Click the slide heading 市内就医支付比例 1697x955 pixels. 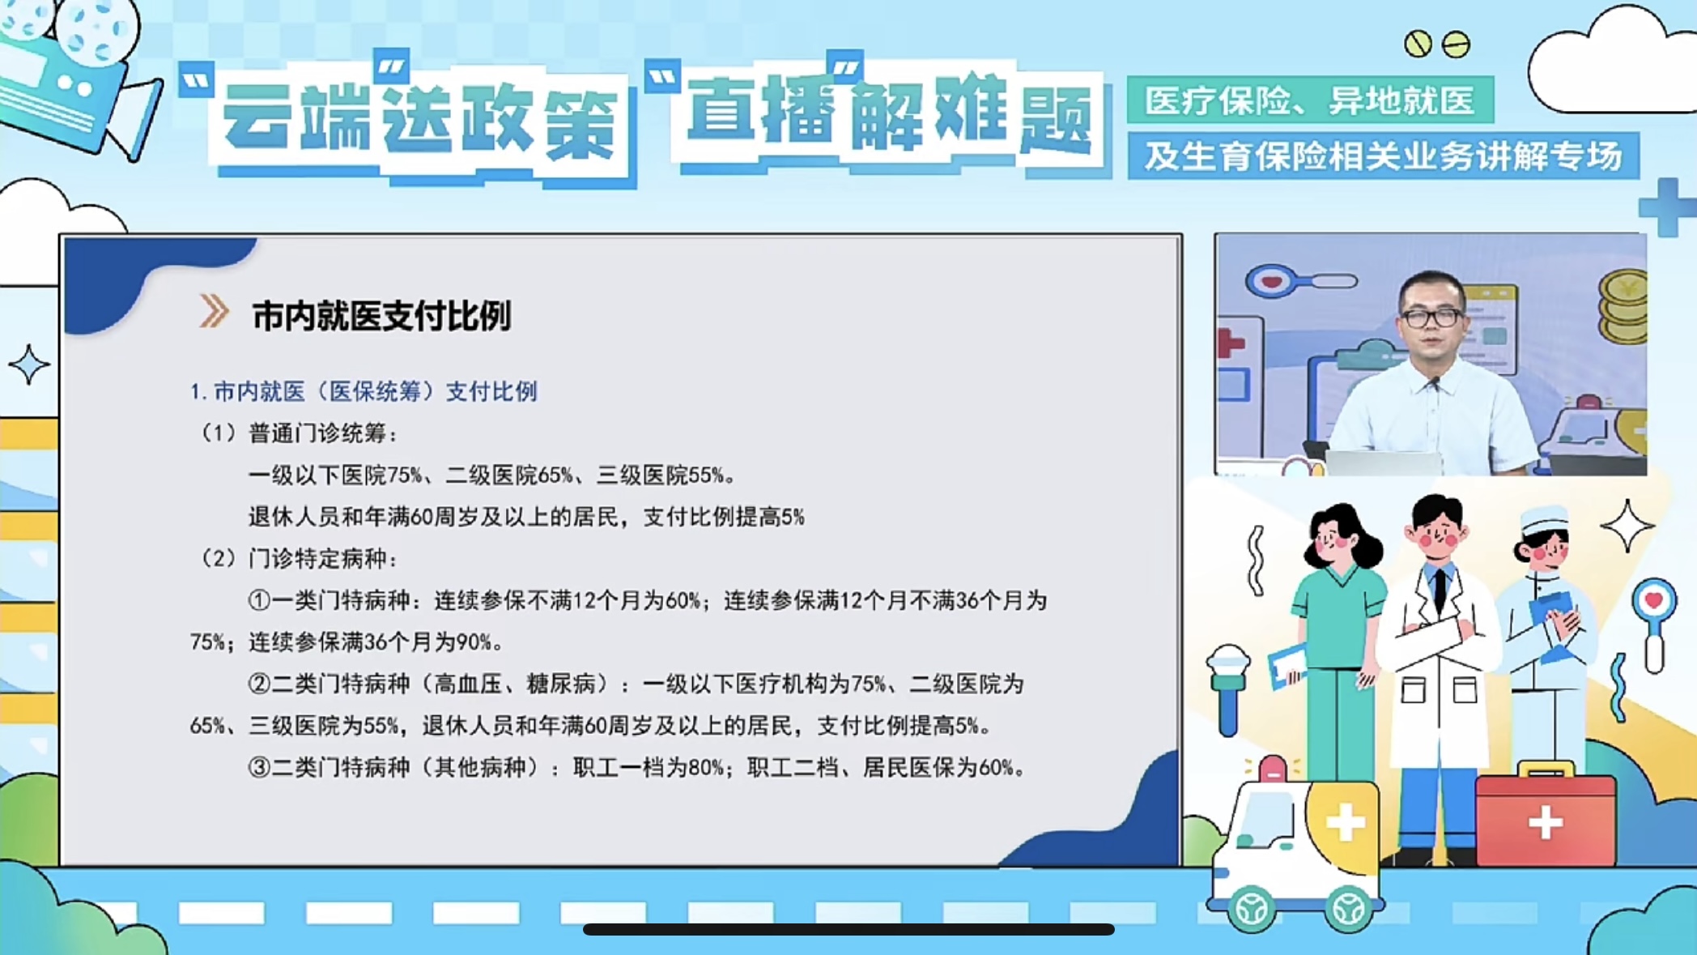pyautogui.click(x=381, y=315)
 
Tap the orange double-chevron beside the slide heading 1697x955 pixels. pyautogui.click(x=214, y=312)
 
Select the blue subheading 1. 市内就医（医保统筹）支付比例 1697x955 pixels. pyautogui.click(x=364, y=392)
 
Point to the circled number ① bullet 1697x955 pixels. pyautogui.click(x=259, y=600)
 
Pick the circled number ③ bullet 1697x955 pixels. pyautogui.click(x=259, y=767)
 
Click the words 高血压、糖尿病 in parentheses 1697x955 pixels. pyautogui.click(x=515, y=684)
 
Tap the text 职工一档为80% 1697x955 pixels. pyautogui.click(x=649, y=767)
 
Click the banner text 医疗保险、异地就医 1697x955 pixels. pyautogui.click(x=1310, y=100)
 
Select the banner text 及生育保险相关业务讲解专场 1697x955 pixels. pyautogui.click(x=1384, y=156)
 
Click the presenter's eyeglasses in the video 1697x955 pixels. pyautogui.click(x=1431, y=318)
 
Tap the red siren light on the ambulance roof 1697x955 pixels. pyautogui.click(x=1272, y=769)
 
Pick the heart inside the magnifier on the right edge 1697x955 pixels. pyautogui.click(x=1653, y=600)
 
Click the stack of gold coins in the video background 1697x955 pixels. pyautogui.click(x=1623, y=309)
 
